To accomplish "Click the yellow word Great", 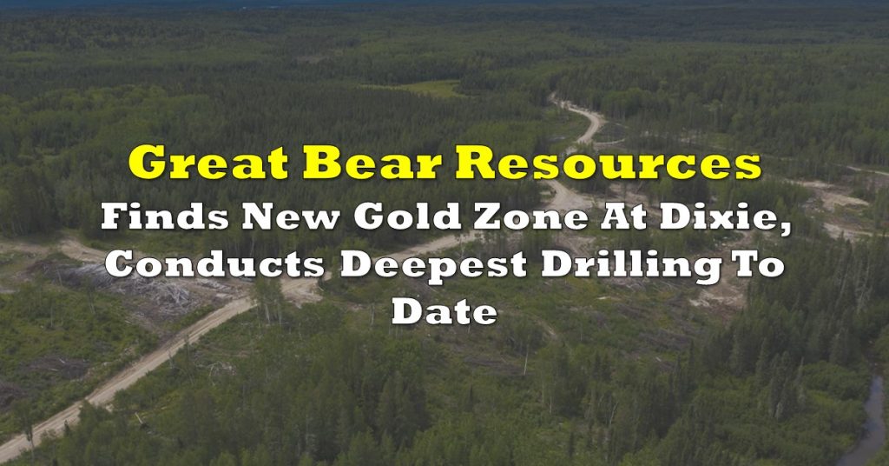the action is pyautogui.click(x=208, y=163).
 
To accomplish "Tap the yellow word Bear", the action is pyautogui.click(x=372, y=163).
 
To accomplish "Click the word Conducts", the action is pyautogui.click(x=214, y=264).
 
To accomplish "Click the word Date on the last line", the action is pyautogui.click(x=444, y=311).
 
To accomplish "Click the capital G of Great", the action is pyautogui.click(x=146, y=163).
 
